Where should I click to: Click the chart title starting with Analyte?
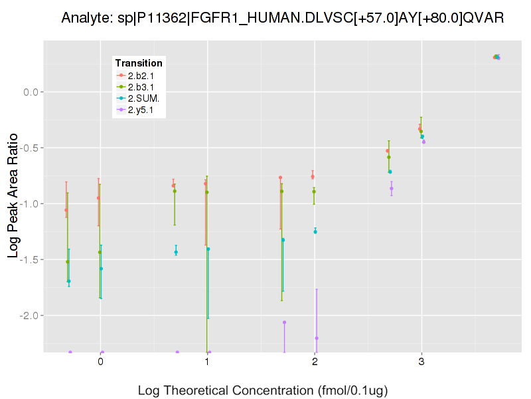point(283,18)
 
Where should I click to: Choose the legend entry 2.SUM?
point(144,98)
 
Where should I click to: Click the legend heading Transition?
point(139,63)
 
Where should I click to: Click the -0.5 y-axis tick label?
point(31,148)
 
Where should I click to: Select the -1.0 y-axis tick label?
point(31,203)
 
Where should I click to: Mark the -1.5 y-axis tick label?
point(31,259)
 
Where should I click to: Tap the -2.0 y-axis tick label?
point(31,315)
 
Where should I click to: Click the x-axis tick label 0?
point(100,362)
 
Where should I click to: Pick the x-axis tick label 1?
point(207,362)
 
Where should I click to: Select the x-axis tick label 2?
point(314,362)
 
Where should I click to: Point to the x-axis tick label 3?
point(421,362)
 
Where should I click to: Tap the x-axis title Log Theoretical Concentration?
point(263,390)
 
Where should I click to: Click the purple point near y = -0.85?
point(392,188)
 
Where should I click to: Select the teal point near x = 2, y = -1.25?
point(315,231)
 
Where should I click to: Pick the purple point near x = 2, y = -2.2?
point(317,338)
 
